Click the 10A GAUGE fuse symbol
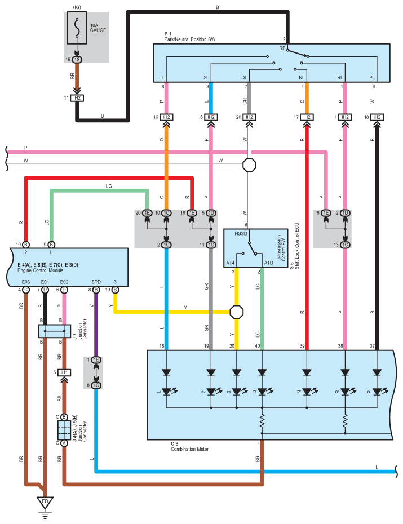[77, 28]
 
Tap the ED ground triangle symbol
[45, 503]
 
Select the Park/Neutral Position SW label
[189, 39]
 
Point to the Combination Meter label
[189, 449]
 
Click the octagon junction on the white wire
[249, 165]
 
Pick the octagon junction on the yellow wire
[237, 312]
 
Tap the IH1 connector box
[64, 372]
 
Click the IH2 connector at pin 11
[77, 98]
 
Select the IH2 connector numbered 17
[307, 117]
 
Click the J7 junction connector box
[55, 331]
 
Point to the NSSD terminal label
[241, 233]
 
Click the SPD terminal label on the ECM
[96, 282]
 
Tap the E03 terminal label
[26, 282]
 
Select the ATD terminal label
[268, 263]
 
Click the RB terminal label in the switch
[282, 48]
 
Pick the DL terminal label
[244, 78]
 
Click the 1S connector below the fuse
[77, 60]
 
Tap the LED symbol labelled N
[307, 391]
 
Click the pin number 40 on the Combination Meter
[258, 346]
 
